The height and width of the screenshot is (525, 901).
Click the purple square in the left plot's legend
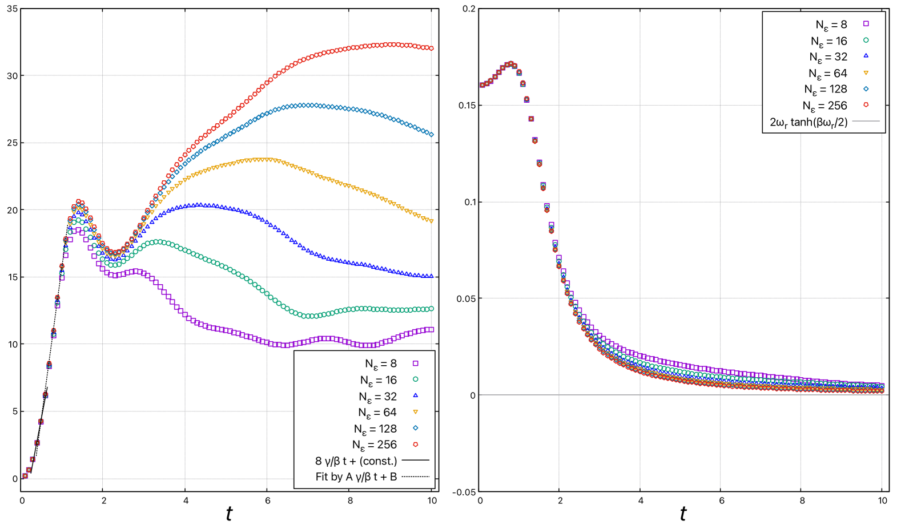pyautogui.click(x=415, y=363)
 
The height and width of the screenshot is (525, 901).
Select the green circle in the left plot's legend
pyautogui.click(x=415, y=379)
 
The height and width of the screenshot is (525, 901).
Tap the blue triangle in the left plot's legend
pyautogui.click(x=415, y=395)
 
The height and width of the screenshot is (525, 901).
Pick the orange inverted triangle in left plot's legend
pyautogui.click(x=415, y=411)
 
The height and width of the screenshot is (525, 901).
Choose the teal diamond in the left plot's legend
pyautogui.click(x=415, y=428)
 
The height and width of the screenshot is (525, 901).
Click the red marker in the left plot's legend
pyautogui.click(x=415, y=444)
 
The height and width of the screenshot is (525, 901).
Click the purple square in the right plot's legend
pyautogui.click(x=866, y=23)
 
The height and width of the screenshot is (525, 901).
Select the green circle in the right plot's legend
pyautogui.click(x=866, y=40)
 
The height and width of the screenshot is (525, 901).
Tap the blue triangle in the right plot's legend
pyautogui.click(x=866, y=56)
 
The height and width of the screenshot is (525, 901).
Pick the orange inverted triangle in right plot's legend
pyautogui.click(x=866, y=72)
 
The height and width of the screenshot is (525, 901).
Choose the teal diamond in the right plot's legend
pyautogui.click(x=866, y=88)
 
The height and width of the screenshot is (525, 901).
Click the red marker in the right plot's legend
pyautogui.click(x=866, y=104)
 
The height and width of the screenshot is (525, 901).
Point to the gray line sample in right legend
pyautogui.click(x=866, y=121)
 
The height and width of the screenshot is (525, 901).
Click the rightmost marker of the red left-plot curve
pyautogui.click(x=431, y=48)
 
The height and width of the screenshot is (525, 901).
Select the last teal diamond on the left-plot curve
pyautogui.click(x=431, y=135)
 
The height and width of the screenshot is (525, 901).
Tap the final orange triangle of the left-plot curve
pyautogui.click(x=431, y=221)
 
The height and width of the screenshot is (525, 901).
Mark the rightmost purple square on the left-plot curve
pyautogui.click(x=431, y=329)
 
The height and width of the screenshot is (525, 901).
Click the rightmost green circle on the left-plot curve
pyautogui.click(x=431, y=309)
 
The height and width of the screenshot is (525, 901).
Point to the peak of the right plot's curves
pyautogui.click(x=510, y=64)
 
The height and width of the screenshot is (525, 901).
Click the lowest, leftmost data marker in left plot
pyautogui.click(x=25, y=475)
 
